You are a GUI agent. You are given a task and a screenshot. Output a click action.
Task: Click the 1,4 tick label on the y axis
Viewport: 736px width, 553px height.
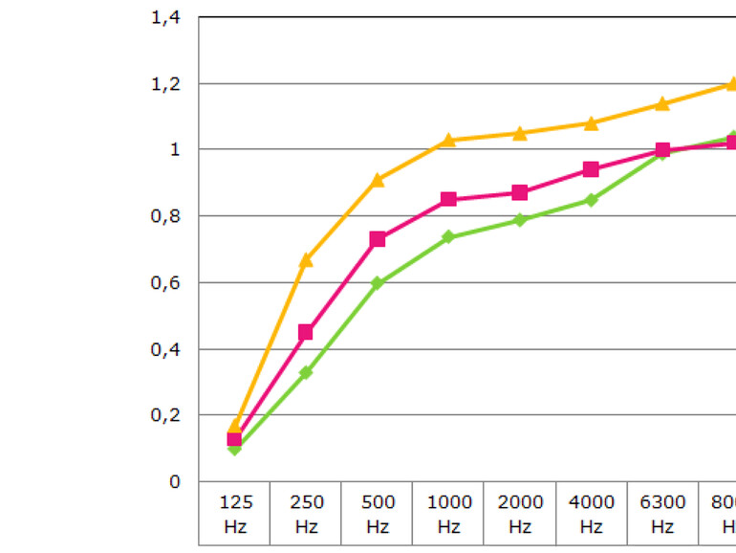(x=165, y=17)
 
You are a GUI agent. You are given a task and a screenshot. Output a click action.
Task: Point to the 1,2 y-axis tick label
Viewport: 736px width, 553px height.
(x=165, y=84)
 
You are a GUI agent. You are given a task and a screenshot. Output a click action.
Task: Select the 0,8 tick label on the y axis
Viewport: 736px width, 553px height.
(x=165, y=217)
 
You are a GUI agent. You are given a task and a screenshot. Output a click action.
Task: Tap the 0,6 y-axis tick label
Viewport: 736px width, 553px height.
(x=165, y=283)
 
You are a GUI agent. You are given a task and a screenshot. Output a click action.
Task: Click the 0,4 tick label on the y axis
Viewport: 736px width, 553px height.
(x=165, y=350)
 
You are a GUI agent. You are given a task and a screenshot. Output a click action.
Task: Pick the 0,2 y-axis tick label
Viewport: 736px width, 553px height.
(x=165, y=416)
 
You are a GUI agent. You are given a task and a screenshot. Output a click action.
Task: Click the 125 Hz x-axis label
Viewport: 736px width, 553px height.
(x=235, y=514)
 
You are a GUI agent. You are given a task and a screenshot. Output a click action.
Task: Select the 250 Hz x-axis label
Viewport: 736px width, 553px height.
(x=306, y=514)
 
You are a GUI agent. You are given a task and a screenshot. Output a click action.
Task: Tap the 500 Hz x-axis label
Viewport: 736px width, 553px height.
(x=378, y=514)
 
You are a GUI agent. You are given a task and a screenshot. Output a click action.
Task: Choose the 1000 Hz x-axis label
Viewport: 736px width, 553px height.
(x=448, y=514)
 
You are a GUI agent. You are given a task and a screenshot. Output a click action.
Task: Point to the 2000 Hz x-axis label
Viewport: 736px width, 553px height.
(x=520, y=514)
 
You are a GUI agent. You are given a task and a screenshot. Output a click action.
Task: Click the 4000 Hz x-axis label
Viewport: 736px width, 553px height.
(x=591, y=514)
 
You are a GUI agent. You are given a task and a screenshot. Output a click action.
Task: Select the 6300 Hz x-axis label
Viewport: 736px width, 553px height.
(x=662, y=514)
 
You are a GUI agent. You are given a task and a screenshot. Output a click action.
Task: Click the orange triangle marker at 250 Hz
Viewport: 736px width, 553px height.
(x=306, y=259)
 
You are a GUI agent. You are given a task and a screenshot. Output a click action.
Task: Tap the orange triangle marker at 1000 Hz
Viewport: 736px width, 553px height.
(x=448, y=140)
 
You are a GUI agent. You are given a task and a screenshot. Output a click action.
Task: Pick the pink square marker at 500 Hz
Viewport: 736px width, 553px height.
(x=378, y=239)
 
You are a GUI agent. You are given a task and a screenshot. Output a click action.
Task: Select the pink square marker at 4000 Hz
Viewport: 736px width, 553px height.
(x=591, y=169)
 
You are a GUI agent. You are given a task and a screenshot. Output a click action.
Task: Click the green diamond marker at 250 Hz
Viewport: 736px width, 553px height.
(x=306, y=372)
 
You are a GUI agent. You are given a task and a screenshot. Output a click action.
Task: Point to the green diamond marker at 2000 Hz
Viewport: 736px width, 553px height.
(x=520, y=220)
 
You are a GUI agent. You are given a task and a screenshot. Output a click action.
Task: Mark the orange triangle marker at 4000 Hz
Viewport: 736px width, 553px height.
(x=591, y=122)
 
